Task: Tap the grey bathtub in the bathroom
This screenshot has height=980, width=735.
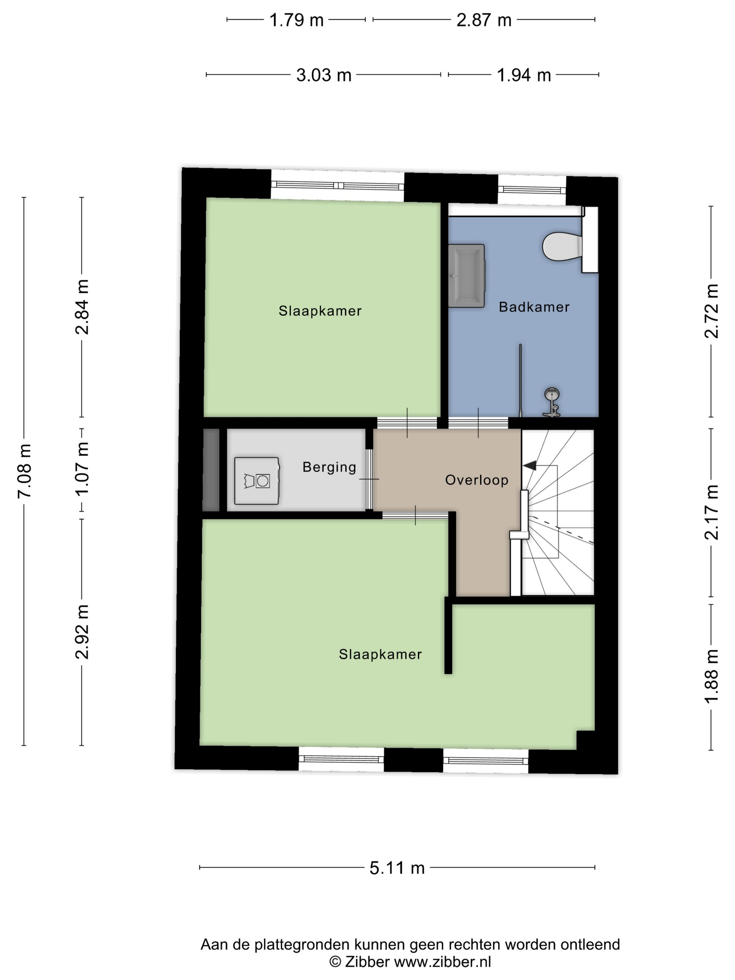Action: click(467, 275)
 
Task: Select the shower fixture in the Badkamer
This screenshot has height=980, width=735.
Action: click(552, 401)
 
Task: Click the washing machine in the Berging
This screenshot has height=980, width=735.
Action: click(257, 481)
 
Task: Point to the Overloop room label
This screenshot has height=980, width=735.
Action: click(476, 480)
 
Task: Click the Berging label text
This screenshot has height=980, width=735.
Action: click(329, 467)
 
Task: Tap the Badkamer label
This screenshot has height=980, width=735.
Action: click(534, 307)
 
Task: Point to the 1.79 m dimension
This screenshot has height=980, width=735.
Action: click(296, 20)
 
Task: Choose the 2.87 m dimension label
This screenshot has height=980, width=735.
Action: click(484, 20)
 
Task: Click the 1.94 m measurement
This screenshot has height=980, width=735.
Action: click(524, 75)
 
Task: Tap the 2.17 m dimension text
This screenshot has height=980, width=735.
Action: click(712, 512)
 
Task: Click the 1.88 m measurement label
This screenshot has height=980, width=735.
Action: click(712, 677)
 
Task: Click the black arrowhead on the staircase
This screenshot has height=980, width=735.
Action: click(530, 465)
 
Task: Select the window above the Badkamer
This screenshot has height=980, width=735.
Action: click(532, 190)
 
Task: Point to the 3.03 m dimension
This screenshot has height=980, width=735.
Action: click(324, 75)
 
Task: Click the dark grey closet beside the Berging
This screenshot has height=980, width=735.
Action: click(211, 470)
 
